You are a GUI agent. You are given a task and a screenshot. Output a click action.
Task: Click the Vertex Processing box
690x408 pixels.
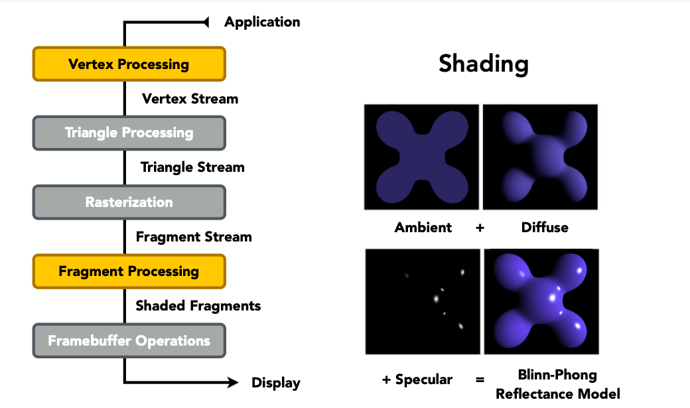pyautogui.click(x=129, y=64)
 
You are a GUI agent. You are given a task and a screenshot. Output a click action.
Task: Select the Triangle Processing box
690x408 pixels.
pyautogui.click(x=129, y=133)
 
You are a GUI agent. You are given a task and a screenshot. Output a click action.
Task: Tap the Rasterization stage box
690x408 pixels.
pyautogui.click(x=129, y=202)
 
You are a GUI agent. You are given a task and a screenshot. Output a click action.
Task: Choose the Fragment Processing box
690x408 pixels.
pyautogui.click(x=129, y=271)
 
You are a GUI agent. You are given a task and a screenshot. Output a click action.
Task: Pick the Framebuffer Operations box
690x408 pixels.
pyautogui.click(x=129, y=340)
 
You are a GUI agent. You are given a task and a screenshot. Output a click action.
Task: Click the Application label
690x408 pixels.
pyautogui.click(x=262, y=22)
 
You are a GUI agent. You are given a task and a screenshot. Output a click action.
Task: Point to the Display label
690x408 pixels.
pyautogui.click(x=276, y=383)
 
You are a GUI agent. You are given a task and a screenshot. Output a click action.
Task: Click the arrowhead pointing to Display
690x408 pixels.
pyautogui.click(x=233, y=382)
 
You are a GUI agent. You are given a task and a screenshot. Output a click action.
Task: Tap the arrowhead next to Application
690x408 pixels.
pyautogui.click(x=206, y=22)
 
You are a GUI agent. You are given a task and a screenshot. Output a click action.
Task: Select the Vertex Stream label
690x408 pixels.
pyautogui.click(x=190, y=99)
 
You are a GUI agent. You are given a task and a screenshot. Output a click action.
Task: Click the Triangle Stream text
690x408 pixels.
pyautogui.click(x=192, y=167)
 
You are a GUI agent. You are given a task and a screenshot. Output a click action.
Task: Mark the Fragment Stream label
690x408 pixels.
pyautogui.click(x=194, y=237)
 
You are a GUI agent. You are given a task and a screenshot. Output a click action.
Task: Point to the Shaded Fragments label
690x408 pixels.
pyautogui.click(x=198, y=305)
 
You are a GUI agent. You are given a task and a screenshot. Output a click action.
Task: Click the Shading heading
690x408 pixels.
pyautogui.click(x=484, y=64)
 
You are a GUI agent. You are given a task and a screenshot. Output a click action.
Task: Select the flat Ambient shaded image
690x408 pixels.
pyautogui.click(x=421, y=157)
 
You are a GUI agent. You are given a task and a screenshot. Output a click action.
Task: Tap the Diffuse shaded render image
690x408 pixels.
pyautogui.click(x=540, y=157)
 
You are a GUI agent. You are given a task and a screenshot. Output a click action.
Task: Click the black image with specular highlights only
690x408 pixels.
pyautogui.click(x=423, y=301)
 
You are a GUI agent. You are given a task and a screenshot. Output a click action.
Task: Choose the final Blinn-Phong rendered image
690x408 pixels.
pyautogui.click(x=541, y=301)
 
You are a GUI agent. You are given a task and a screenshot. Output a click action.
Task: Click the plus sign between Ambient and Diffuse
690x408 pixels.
pyautogui.click(x=480, y=228)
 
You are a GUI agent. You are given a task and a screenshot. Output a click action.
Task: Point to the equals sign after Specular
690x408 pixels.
pyautogui.click(x=480, y=379)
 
